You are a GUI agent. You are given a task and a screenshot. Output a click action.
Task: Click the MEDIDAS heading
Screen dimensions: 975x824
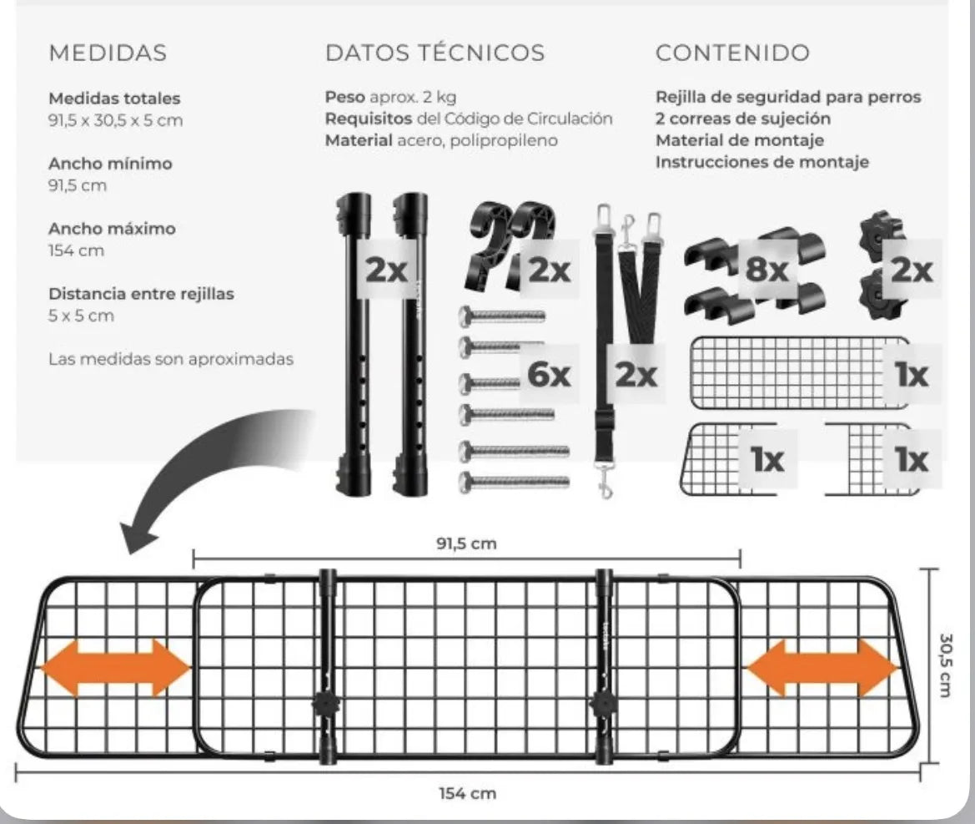coord(108,53)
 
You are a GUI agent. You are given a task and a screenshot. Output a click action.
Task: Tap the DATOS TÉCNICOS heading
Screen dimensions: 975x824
coord(435,53)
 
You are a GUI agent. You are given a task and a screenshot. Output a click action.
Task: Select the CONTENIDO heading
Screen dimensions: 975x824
coord(732,53)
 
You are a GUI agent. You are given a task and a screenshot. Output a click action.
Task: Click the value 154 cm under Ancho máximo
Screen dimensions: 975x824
coord(77,250)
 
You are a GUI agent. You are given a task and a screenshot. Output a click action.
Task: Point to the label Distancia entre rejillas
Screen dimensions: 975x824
coord(141,294)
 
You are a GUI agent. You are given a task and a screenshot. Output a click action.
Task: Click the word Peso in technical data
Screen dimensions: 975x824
coord(345,97)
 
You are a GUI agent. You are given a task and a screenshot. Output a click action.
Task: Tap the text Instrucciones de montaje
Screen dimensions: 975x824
coord(761,163)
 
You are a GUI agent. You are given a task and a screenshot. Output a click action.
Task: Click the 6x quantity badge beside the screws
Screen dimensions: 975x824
coord(549,375)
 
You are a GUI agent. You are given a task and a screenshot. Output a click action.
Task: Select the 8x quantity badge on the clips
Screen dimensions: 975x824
coord(766,270)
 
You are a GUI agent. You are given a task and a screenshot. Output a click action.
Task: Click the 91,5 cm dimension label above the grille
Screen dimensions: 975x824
coord(466,544)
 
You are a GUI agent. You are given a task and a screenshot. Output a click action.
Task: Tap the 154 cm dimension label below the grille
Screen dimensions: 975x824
coord(468,793)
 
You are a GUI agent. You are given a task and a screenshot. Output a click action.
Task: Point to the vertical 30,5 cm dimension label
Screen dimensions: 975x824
coord(945,665)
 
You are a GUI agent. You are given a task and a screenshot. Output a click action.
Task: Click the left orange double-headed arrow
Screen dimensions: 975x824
coord(115,668)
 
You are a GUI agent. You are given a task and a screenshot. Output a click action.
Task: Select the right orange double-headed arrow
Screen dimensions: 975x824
coord(822,668)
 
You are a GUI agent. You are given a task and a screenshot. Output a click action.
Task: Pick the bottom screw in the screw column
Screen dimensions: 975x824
coord(515,481)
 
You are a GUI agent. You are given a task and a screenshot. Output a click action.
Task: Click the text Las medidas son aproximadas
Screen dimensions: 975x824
coord(171,359)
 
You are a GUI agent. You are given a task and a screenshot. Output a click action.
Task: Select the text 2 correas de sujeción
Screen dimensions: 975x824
coord(743,119)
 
